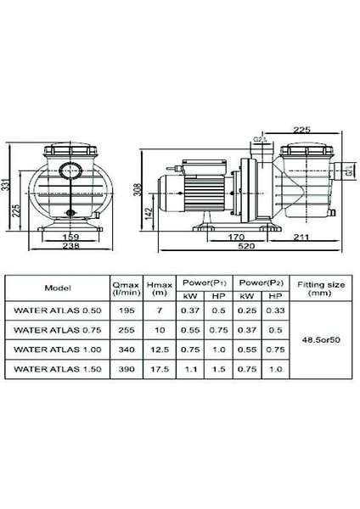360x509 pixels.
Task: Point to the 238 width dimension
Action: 72,248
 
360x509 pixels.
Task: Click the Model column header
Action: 57,288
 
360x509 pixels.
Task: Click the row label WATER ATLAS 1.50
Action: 56,370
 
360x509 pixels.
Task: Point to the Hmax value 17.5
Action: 155,370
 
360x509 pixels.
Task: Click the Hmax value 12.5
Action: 155,350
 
